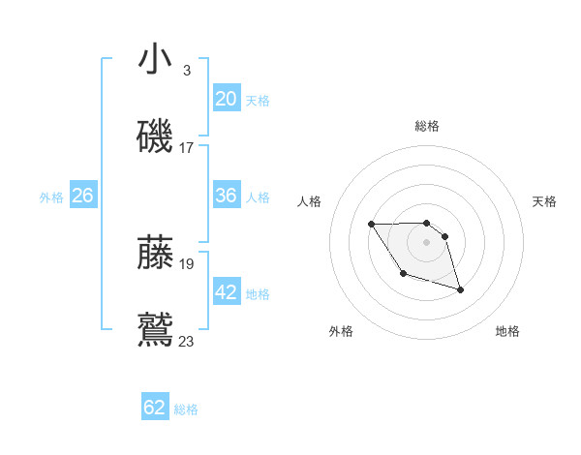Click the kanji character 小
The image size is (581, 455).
(155, 60)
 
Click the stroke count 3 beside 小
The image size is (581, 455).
(186, 71)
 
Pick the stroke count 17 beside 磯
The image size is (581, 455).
(187, 148)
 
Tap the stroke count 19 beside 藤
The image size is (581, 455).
(187, 263)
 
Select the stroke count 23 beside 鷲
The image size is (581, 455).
(187, 341)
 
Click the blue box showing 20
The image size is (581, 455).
(226, 98)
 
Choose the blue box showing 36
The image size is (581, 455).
(226, 196)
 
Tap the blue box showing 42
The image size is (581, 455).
(226, 292)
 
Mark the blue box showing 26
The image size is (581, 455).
(82, 196)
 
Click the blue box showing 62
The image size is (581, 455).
(155, 408)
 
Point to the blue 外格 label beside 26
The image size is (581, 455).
(51, 197)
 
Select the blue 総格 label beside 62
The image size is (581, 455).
(186, 409)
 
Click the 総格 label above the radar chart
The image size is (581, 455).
(427, 126)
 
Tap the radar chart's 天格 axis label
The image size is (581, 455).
(545, 201)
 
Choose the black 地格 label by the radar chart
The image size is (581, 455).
(507, 332)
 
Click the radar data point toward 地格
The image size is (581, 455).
(460, 289)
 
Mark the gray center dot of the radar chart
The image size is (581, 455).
(427, 240)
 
